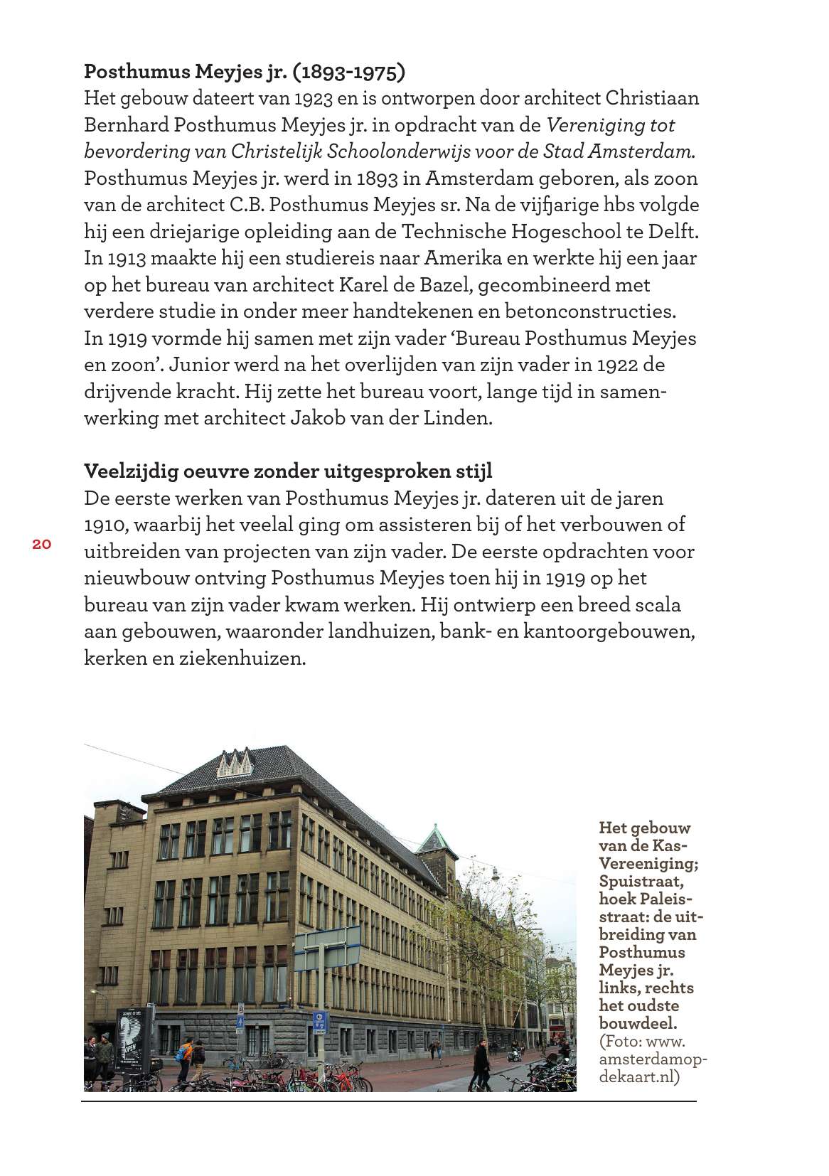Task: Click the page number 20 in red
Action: coord(41,545)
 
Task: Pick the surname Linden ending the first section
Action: coord(458,418)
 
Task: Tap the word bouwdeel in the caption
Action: coord(637,1024)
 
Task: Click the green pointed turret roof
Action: coord(431,839)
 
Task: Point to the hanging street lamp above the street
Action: coord(495,872)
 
